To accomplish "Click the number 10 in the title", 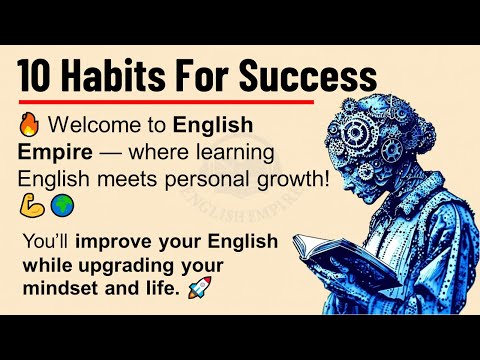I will (x=40, y=76).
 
